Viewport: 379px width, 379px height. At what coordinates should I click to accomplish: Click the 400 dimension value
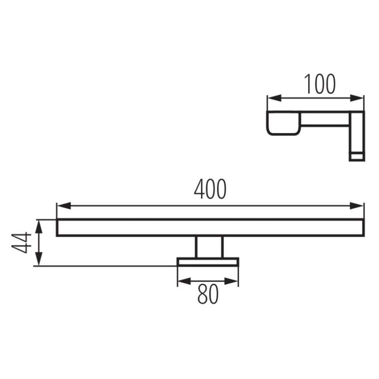click(x=210, y=189)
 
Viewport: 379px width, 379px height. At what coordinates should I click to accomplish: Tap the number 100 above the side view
click(x=320, y=84)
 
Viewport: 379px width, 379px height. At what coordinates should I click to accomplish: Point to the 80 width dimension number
click(x=208, y=295)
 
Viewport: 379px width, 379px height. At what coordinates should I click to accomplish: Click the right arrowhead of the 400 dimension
click(x=358, y=205)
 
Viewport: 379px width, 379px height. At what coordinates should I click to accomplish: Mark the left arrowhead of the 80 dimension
click(x=182, y=281)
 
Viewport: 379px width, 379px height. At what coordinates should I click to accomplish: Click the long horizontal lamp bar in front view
click(x=210, y=227)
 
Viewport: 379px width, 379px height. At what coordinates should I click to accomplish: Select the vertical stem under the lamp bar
click(x=209, y=247)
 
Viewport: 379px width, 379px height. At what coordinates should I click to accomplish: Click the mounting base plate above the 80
click(x=208, y=262)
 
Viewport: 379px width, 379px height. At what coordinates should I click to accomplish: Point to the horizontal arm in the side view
click(x=325, y=119)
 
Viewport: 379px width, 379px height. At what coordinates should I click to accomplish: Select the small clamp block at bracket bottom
click(x=357, y=156)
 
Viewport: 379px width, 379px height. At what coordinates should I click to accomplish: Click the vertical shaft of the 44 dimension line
click(x=39, y=243)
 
